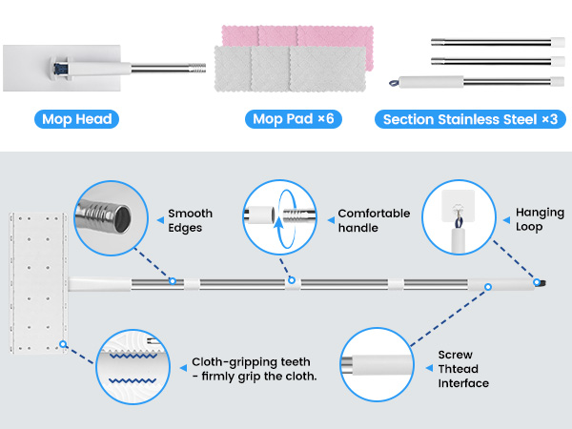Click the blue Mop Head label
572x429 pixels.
[76, 119]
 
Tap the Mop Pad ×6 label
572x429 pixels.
[294, 119]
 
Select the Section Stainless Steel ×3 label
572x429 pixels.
[470, 119]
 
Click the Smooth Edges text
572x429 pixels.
[190, 220]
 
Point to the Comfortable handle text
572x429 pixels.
[374, 220]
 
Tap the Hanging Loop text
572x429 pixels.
[540, 219]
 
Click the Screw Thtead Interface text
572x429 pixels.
[463, 369]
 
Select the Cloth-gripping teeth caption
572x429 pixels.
[255, 369]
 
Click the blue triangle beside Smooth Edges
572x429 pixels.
[160, 220]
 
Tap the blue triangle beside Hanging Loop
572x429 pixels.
[507, 220]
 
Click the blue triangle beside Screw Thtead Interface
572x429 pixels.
[429, 368]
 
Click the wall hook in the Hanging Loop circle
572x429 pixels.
[458, 206]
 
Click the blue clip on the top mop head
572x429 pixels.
[58, 69]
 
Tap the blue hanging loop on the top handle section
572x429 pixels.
[394, 83]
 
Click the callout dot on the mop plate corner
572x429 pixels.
[63, 344]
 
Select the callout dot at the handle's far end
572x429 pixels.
[537, 282]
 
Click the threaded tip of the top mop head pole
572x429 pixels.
[197, 68]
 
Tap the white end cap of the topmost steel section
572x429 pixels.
[558, 42]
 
